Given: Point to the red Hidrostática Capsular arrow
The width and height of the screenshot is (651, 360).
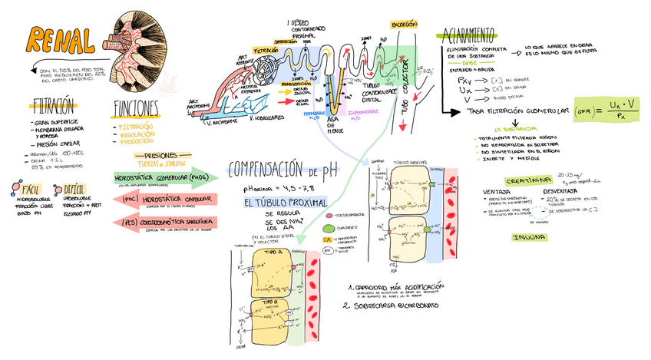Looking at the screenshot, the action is click(166, 200).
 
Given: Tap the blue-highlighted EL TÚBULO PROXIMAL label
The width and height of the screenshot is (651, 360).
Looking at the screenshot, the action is click(285, 203).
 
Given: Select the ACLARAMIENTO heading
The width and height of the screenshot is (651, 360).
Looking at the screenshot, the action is click(468, 34).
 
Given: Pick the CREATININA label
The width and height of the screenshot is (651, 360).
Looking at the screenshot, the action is click(529, 180).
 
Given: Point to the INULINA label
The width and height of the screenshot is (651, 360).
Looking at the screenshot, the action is click(529, 237).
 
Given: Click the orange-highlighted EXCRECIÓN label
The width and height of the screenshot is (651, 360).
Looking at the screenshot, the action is click(405, 25).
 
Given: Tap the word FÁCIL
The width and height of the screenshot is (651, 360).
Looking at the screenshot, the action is click(31, 189).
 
